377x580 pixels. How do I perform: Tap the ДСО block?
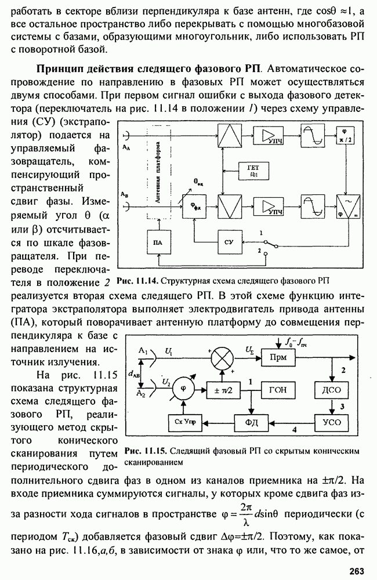point(331,390)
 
